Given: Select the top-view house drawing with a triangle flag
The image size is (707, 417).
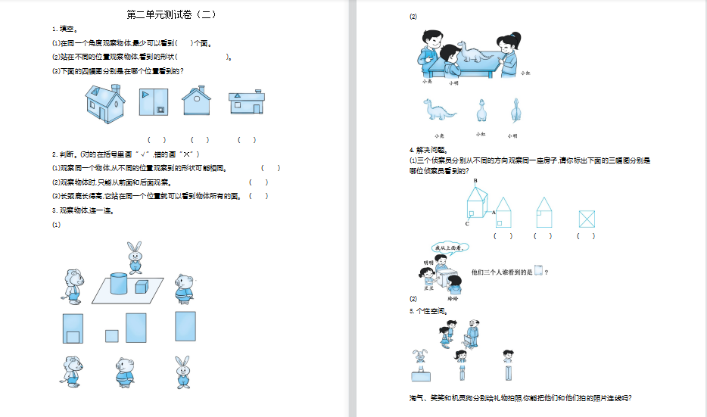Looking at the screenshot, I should [153, 102].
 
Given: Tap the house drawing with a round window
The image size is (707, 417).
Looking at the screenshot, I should [196, 101].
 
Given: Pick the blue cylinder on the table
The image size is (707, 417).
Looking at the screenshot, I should [119, 283].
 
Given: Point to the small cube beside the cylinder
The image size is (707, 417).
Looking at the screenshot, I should [142, 286].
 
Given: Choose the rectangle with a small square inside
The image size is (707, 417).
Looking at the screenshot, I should [73, 328].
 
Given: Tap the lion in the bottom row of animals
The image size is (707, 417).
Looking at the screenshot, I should [73, 372].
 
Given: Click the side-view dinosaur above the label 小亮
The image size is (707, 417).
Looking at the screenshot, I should [440, 111].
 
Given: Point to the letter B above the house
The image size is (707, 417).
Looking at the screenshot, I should [475, 181].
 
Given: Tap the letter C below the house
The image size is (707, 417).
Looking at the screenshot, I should [467, 224].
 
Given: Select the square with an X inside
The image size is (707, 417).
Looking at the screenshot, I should [587, 219].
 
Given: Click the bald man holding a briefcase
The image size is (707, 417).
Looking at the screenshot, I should [472, 334].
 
